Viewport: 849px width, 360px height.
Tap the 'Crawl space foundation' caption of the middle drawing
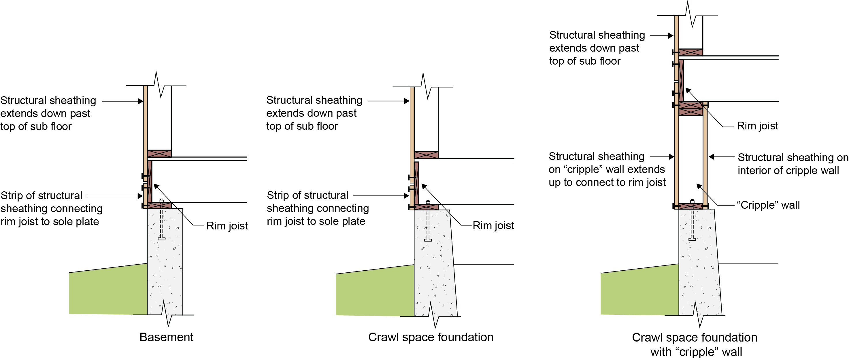click(431, 337)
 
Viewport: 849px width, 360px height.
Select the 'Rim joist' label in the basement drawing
click(227, 226)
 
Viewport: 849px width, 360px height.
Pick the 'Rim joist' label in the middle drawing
click(493, 225)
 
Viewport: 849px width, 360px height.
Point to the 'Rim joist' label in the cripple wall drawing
click(757, 126)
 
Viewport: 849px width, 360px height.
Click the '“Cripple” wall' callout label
click(768, 205)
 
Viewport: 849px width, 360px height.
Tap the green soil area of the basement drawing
click(108, 289)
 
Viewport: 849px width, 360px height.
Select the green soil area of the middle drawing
click(375, 291)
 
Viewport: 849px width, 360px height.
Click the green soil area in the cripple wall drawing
click(639, 290)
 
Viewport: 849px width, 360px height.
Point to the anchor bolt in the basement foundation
click(161, 219)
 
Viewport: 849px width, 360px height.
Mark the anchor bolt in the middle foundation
click(428, 221)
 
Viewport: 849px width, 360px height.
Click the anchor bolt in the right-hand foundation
click(692, 220)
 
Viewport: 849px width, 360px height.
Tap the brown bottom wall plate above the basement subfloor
click(159, 153)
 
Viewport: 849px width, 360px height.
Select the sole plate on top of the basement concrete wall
click(159, 206)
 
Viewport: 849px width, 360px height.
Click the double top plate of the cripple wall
click(691, 108)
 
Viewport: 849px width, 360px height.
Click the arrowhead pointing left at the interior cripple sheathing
click(711, 157)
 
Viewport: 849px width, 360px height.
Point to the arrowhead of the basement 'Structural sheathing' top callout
click(140, 101)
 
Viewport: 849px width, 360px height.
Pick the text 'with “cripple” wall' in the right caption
click(696, 352)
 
